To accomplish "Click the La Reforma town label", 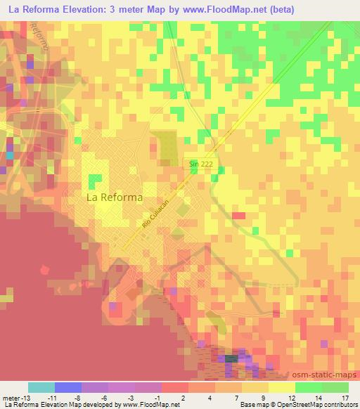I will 114,197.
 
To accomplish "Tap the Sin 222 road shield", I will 200,164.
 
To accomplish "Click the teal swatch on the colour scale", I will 41,387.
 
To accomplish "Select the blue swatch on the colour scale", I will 68,387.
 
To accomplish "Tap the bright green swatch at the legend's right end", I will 335,387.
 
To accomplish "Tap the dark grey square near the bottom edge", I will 231,358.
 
